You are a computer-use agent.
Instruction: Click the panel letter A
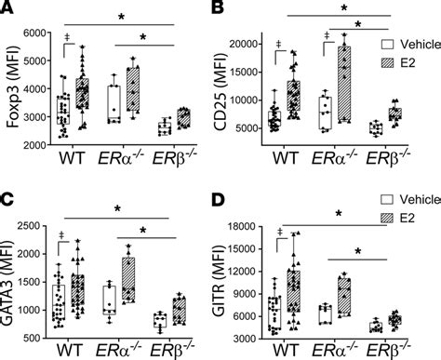(x=8, y=9)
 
